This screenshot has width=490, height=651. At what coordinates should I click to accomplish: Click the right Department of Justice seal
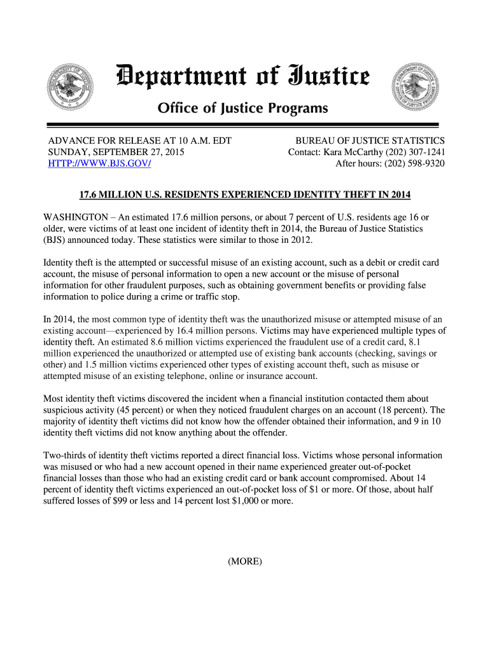[x=416, y=86]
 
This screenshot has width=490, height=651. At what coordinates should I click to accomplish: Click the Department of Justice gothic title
[x=242, y=79]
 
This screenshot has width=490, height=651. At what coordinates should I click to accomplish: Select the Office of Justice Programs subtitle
[x=242, y=109]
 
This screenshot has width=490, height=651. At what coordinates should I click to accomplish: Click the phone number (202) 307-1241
[x=414, y=153]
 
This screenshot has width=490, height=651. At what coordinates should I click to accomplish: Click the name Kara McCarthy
[x=353, y=153]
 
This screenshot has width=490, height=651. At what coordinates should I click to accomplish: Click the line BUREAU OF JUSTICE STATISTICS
[x=370, y=140]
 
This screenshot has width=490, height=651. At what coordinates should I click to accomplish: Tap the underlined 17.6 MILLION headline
[x=245, y=194]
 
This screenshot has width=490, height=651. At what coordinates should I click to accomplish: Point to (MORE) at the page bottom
[x=245, y=561]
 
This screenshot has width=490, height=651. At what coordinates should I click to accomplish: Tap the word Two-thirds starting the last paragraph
[x=66, y=455]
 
